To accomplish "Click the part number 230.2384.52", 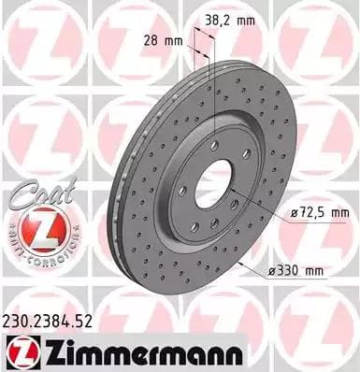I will click(56, 321).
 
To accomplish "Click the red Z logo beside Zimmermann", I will click(22, 351).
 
